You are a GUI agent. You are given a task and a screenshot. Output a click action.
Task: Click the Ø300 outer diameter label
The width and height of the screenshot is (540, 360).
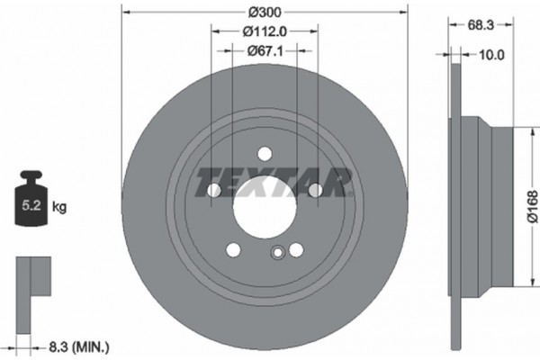264,13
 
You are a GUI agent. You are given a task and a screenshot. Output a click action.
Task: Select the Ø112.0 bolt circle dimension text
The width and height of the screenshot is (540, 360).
264,32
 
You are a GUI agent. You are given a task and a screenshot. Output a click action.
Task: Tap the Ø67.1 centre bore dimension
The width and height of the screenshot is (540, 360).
264,51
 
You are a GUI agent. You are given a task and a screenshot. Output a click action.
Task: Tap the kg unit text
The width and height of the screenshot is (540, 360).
60,207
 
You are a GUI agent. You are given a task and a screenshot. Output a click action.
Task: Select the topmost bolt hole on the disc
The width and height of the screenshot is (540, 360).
264,154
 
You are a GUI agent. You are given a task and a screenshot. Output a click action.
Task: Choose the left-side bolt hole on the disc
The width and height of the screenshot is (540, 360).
213,191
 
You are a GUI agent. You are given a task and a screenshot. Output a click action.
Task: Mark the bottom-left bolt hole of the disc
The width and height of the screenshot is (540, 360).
233,249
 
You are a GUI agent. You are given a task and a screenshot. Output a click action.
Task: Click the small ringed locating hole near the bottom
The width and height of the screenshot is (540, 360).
278,254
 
